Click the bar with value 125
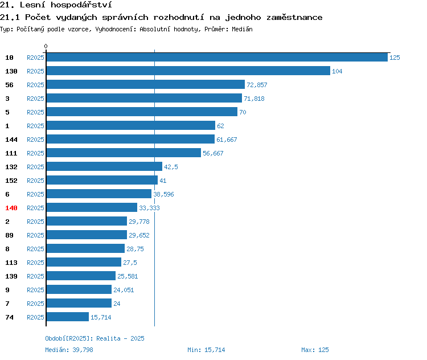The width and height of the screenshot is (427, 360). click(217, 57)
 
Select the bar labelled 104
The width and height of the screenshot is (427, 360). click(188, 71)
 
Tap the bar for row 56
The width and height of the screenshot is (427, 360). click(146, 84)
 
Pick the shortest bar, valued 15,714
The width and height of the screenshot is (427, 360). click(68, 317)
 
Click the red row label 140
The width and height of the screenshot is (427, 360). click(11, 208)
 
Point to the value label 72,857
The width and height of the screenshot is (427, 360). click(257, 85)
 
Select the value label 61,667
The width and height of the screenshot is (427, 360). click(227, 140)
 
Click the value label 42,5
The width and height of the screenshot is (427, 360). click(171, 167)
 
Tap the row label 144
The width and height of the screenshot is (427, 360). click(11, 140)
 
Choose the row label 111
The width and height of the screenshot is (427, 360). click(11, 153)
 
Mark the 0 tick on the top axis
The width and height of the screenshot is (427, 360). click(46, 46)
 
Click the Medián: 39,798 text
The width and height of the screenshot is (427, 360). click(69, 350)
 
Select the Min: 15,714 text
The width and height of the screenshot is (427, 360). click(206, 350)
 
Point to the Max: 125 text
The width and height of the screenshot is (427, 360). click(315, 350)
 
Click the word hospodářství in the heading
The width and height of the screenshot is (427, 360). click(81, 5)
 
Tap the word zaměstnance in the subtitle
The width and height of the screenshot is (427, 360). click(294, 18)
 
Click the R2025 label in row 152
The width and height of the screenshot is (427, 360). click(35, 181)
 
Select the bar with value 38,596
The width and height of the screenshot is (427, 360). click(99, 194)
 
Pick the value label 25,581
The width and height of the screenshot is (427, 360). click(128, 276)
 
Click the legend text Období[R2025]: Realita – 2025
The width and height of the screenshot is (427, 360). click(95, 338)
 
